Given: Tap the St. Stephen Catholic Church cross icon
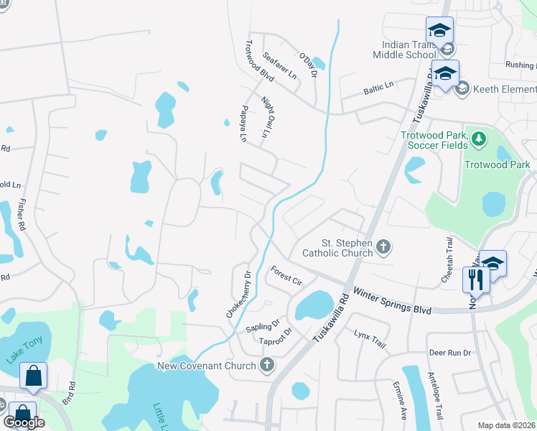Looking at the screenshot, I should [x=383, y=248].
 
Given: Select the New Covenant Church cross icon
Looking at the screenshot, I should [x=267, y=366].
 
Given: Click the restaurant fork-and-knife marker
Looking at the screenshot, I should [x=476, y=279].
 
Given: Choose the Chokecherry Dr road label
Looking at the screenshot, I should [x=238, y=294].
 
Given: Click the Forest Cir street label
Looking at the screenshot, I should [x=285, y=274].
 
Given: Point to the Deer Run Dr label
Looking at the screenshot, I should [x=449, y=353].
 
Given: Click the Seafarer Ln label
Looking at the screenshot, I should [x=279, y=65].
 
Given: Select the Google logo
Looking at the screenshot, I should [x=24, y=422].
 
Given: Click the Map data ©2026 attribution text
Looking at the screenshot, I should [x=506, y=425].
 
